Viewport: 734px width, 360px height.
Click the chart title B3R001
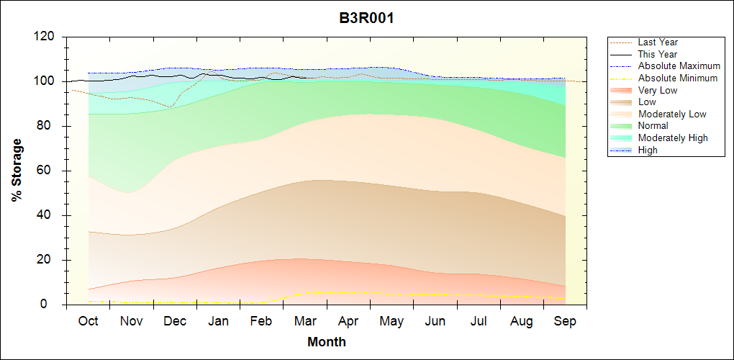pyautogui.click(x=366, y=18)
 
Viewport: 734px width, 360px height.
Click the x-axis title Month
pyautogui.click(x=327, y=342)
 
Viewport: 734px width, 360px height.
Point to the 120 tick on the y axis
pyautogui.click(x=45, y=37)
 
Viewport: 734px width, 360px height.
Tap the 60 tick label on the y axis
pyautogui.click(x=49, y=171)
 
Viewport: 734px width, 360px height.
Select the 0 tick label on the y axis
pyautogui.click(x=53, y=305)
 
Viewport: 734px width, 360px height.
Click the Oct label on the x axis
pyautogui.click(x=88, y=321)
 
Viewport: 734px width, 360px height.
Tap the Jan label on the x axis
pyautogui.click(x=218, y=321)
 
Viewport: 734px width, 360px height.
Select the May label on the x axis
pyautogui.click(x=391, y=321)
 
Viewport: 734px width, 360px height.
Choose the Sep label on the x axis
pyautogui.click(x=565, y=321)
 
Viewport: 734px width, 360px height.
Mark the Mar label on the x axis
pyautogui.click(x=305, y=321)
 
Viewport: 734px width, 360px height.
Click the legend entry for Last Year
pyautogui.click(x=657, y=42)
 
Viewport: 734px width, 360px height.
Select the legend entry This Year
pyautogui.click(x=657, y=55)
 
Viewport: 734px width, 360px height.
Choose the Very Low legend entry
pyautogui.click(x=657, y=90)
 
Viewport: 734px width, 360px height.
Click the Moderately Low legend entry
pyautogui.click(x=671, y=114)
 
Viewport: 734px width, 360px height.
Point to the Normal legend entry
pyautogui.click(x=653, y=126)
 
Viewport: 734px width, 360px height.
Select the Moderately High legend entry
pyautogui.click(x=672, y=138)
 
